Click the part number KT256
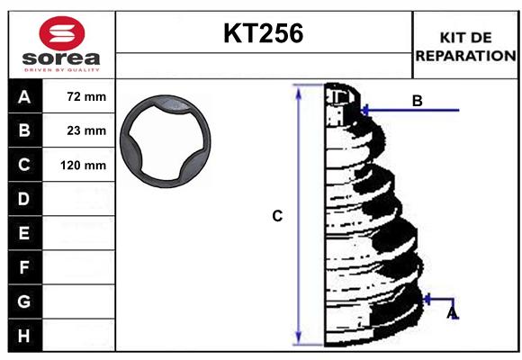tap(263, 33)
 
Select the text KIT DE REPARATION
tap(465, 46)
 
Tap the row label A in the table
tap(24, 96)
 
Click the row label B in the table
tap(24, 130)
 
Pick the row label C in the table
tap(24, 165)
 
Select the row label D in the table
tap(24, 199)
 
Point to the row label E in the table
tap(24, 233)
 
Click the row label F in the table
tap(24, 267)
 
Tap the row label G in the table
tap(24, 301)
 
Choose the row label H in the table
tap(24, 335)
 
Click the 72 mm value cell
tap(86, 96)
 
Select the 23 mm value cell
tap(86, 130)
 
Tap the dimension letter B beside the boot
tap(417, 101)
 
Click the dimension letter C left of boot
tap(278, 216)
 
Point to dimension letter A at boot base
tap(452, 312)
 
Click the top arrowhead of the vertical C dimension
tap(298, 89)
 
